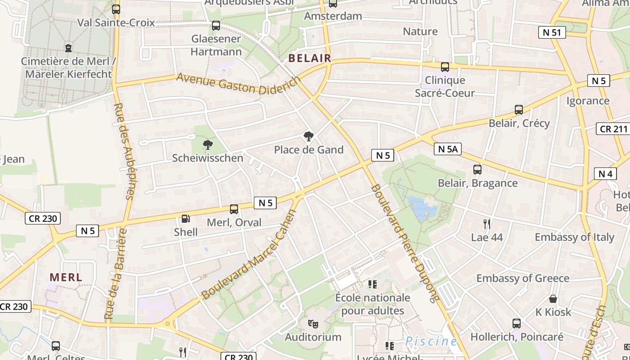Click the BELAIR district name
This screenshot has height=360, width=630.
[x=310, y=58]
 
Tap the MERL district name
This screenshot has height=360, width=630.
[x=66, y=277]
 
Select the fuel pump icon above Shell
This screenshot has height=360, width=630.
[x=185, y=219]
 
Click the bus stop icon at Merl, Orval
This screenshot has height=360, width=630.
[x=234, y=209]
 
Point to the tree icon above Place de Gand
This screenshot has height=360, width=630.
[x=309, y=136]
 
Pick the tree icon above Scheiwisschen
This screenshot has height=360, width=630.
[x=207, y=144]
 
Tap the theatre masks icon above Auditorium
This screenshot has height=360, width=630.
[x=313, y=324]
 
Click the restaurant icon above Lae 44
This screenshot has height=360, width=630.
[x=486, y=224]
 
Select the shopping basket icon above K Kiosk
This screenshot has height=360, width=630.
[x=553, y=299]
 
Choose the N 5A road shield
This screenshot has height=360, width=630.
[x=448, y=149]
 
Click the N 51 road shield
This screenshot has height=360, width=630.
[x=552, y=32]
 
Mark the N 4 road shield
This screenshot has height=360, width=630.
[x=605, y=173]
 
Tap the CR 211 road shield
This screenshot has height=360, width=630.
[x=613, y=129]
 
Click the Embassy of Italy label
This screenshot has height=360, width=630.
[x=574, y=237]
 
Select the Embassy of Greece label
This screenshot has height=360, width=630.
[x=523, y=278]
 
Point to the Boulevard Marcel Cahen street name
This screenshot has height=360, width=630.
[x=249, y=255]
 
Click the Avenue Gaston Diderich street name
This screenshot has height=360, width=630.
[x=238, y=84]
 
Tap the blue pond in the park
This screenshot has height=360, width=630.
[x=422, y=208]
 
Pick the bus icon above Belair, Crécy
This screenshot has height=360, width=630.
[x=519, y=110]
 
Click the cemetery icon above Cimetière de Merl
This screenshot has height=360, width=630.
[x=68, y=47]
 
